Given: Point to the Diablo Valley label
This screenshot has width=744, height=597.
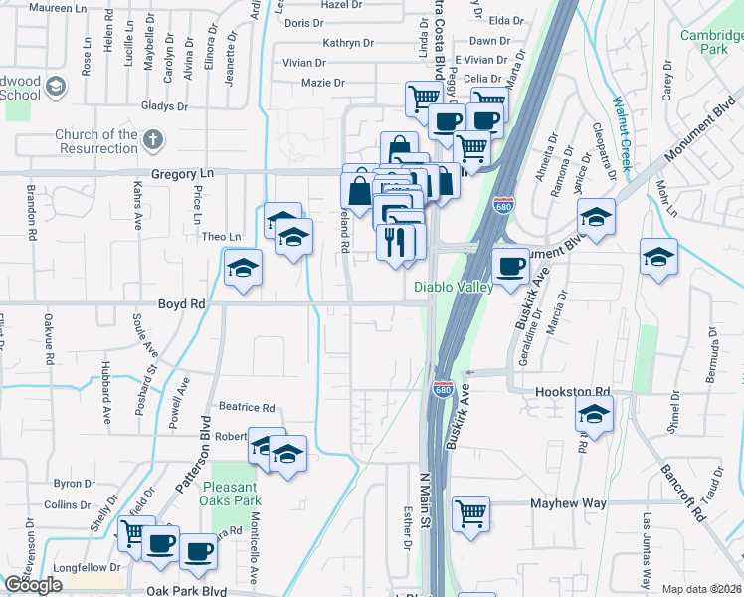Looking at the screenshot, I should pos(454,287).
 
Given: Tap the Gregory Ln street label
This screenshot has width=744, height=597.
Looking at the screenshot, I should pos(182,173).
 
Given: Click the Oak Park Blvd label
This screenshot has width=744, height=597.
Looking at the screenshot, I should pos(187,590).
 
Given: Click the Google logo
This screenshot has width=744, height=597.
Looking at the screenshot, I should pos(33,585).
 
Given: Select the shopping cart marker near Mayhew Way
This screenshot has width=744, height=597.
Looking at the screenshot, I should pos(471,513).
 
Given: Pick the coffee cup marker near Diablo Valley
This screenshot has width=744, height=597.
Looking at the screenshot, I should pos(511,266).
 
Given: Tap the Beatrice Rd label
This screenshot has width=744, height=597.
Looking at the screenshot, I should pos(247,407).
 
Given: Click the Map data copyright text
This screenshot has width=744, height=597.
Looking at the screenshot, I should pos(702,589).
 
